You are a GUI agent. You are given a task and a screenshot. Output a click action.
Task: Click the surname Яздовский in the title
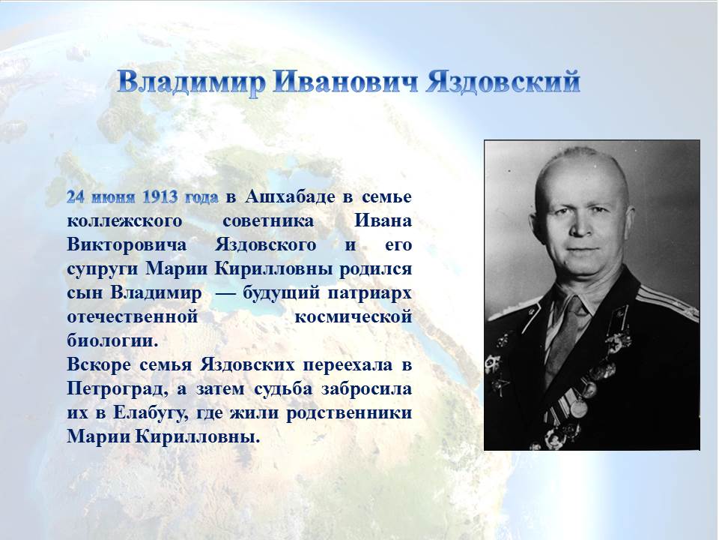[503, 83]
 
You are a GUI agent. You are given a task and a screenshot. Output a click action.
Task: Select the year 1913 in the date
[160, 197]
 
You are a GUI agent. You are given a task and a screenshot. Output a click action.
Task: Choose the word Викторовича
[127, 245]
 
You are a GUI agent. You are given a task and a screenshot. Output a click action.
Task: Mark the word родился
[375, 269]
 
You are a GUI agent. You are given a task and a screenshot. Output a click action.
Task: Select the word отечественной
[132, 317]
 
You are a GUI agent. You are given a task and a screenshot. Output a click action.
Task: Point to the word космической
[353, 317]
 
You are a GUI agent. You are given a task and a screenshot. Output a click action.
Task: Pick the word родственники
[349, 413]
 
